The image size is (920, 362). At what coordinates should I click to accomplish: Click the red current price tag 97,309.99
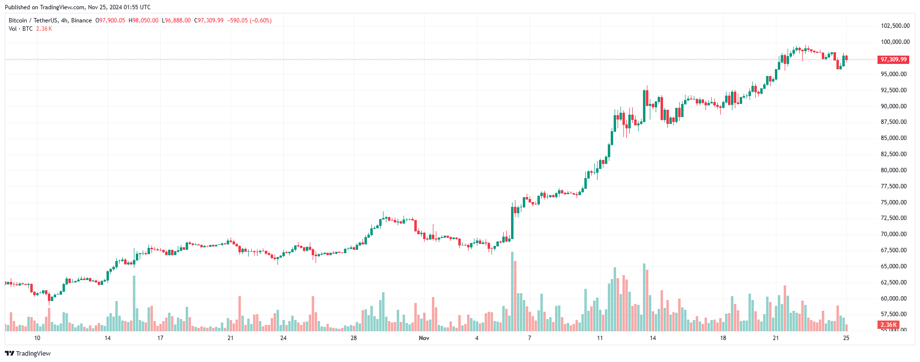(893, 60)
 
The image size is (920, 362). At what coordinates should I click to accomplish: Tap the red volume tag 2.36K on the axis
(888, 325)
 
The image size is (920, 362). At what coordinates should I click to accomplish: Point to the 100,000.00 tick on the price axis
(895, 42)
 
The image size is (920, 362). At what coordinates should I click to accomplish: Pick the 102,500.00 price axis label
(895, 26)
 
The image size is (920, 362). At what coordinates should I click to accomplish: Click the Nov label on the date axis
(424, 338)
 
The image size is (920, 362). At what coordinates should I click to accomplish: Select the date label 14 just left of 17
(107, 338)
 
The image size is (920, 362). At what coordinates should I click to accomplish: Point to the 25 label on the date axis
(846, 338)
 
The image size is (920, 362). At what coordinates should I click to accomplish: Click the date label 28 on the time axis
(354, 338)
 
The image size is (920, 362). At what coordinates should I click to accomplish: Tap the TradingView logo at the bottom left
(28, 353)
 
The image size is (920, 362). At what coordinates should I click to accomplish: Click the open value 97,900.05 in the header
(112, 20)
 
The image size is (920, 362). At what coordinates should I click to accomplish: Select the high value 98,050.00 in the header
(146, 20)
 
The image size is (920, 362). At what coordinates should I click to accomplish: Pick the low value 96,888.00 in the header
(178, 20)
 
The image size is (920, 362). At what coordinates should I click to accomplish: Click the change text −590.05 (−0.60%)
(249, 20)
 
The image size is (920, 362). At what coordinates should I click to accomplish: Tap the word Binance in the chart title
(82, 20)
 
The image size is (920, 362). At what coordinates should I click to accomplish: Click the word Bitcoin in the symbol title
(18, 20)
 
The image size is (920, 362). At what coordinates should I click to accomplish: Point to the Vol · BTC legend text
(21, 29)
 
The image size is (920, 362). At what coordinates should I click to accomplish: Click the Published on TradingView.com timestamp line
(78, 7)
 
